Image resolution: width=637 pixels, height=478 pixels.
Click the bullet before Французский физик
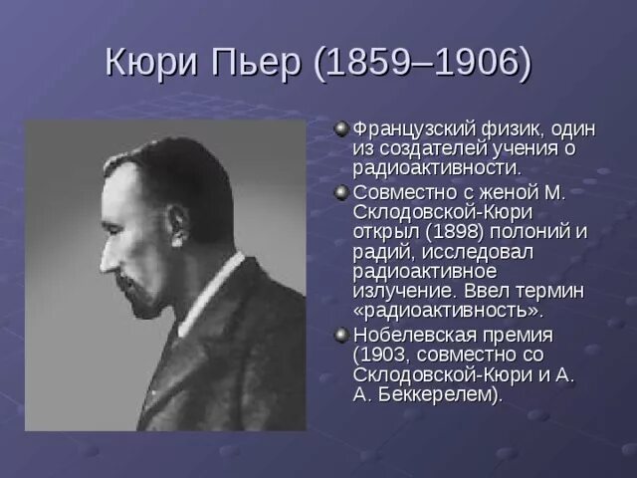[x=341, y=128]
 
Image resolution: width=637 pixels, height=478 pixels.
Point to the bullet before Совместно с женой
[x=341, y=190]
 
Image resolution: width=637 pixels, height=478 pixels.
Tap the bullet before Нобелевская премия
[x=341, y=334]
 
